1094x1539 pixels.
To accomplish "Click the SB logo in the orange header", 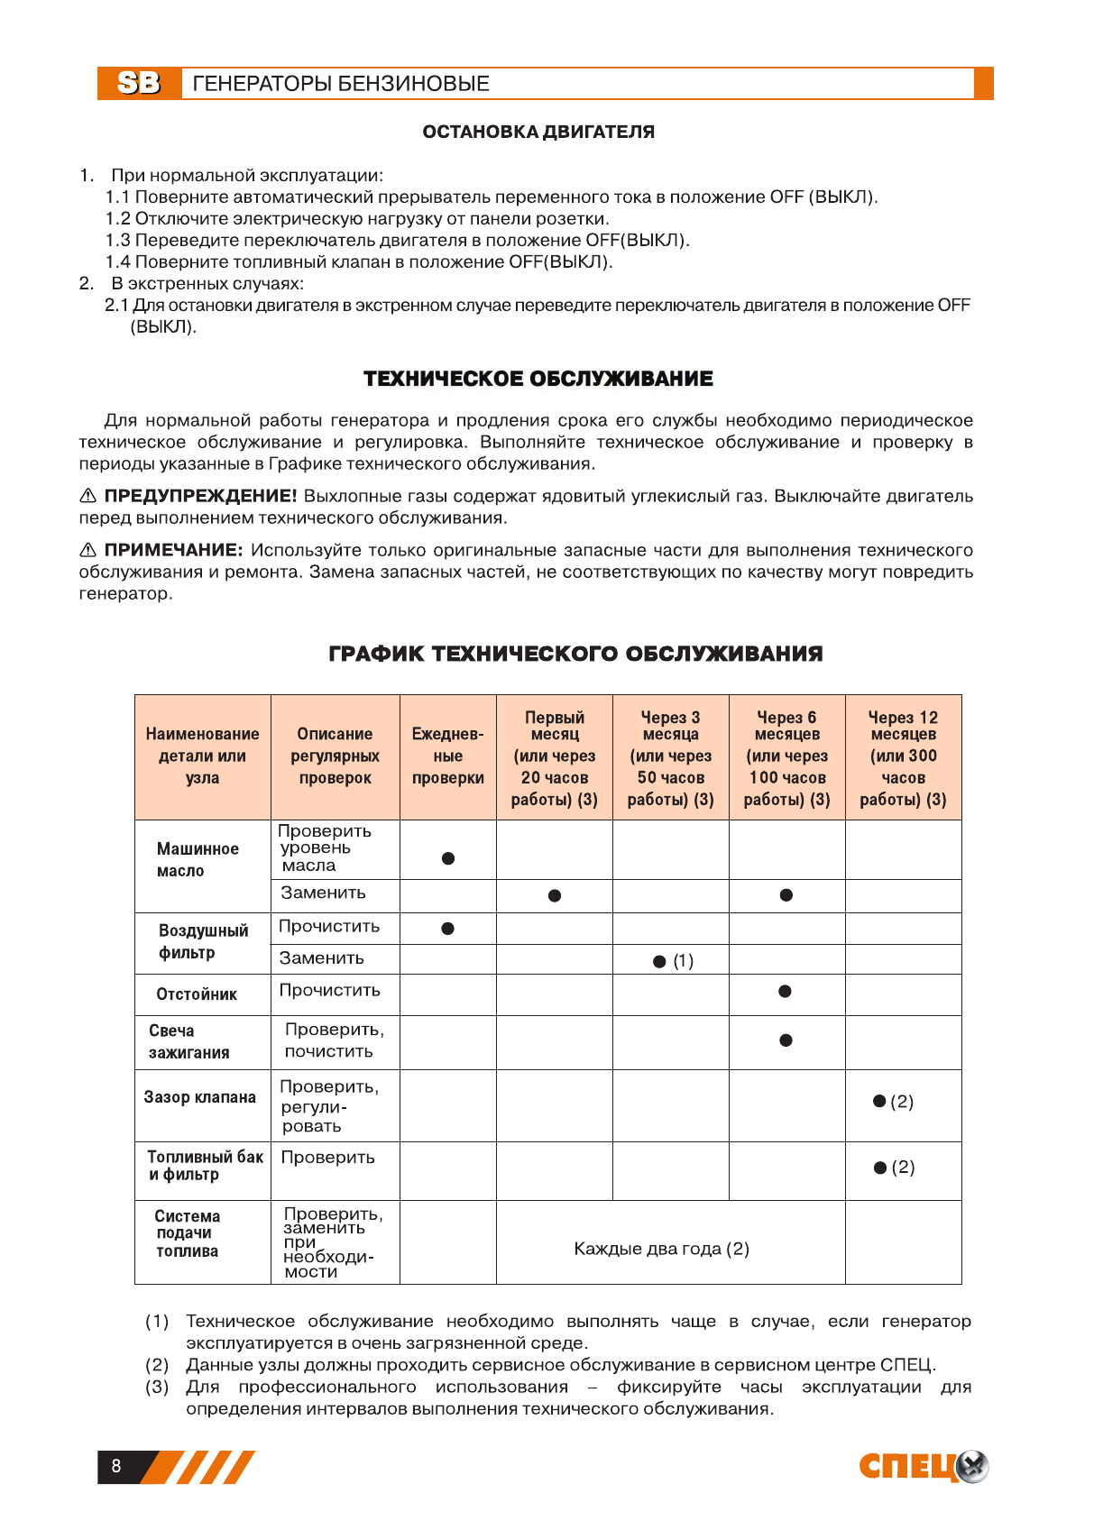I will pyautogui.click(x=139, y=83).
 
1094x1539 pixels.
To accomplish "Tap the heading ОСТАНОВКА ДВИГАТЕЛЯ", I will pyautogui.click(x=538, y=132).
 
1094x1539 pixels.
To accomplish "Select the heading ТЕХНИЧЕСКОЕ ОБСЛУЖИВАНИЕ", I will pyautogui.click(x=538, y=379).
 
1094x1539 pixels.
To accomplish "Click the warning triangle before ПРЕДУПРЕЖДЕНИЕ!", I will pyautogui.click(x=87, y=496).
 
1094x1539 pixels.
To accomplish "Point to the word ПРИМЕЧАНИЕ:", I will pyautogui.click(x=173, y=550).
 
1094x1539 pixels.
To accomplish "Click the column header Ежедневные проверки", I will pyautogui.click(x=447, y=756).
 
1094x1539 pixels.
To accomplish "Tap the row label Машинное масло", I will pyautogui.click(x=198, y=860).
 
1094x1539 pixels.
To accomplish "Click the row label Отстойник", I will pyautogui.click(x=197, y=994).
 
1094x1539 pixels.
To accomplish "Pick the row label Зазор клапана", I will pyautogui.click(x=200, y=1097).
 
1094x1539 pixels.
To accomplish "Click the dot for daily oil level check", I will pyautogui.click(x=448, y=858).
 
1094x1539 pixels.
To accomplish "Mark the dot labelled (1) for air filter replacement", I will pyautogui.click(x=660, y=962).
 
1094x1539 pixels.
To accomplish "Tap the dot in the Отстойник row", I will pyautogui.click(x=786, y=992).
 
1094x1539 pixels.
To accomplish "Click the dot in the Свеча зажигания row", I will pyautogui.click(x=786, y=1040).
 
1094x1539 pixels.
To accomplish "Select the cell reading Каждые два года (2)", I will pyautogui.click(x=661, y=1249).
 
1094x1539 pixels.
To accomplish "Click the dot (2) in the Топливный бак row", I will pyautogui.click(x=881, y=1168).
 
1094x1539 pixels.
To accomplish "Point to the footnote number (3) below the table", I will pyautogui.click(x=157, y=1387).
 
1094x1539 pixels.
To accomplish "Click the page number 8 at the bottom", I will pyautogui.click(x=116, y=1466).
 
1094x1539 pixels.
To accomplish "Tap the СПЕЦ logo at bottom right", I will pyautogui.click(x=923, y=1467).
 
